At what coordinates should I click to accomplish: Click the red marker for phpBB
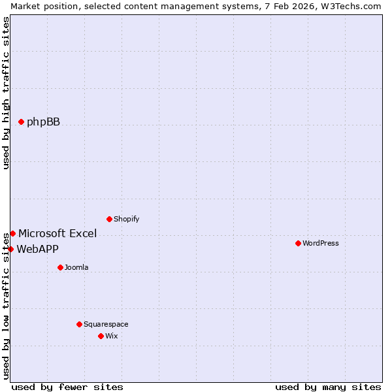coord(21,122)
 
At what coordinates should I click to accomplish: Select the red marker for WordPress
coord(298,243)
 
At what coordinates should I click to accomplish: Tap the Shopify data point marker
coord(109,219)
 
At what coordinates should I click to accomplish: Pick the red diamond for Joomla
coord(60,267)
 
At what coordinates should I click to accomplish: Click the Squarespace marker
coord(79,324)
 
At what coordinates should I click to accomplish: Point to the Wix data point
coord(101,336)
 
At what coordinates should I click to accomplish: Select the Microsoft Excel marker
coord(12,233)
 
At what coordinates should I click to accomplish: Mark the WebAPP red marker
coord(10,249)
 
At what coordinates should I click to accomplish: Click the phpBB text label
coord(43,122)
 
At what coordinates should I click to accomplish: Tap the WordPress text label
coord(320,243)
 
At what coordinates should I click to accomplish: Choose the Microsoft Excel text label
coord(57,233)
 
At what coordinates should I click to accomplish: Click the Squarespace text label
coord(106,324)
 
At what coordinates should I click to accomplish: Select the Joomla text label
coord(76,267)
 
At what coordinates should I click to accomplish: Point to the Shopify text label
coord(126,219)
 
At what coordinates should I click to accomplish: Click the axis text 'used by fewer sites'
coord(67,387)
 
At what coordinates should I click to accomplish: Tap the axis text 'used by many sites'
coord(328,387)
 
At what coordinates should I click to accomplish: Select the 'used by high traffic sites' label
coord(6,93)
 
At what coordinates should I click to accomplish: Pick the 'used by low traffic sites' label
coord(6,304)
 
